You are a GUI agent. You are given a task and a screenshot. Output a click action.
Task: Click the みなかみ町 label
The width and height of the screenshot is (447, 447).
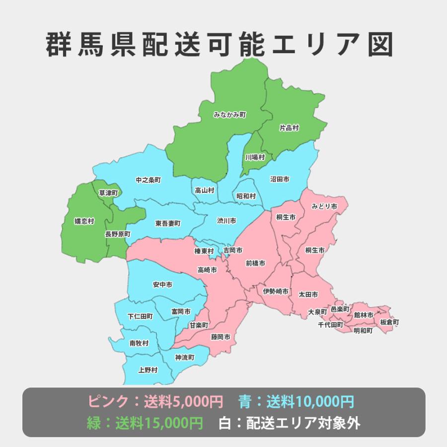[230, 115]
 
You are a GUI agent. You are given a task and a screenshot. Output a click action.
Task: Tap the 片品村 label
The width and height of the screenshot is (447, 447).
[289, 128]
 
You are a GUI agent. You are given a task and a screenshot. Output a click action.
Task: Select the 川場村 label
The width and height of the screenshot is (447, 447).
[255, 157]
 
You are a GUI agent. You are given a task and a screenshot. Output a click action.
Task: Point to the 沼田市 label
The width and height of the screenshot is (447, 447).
[280, 179]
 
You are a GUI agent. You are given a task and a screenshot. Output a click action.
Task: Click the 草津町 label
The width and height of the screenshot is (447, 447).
[108, 192]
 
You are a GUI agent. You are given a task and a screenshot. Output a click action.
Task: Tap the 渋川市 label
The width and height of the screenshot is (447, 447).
[226, 220]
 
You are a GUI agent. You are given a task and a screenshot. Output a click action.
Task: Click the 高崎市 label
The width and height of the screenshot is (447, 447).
[207, 270]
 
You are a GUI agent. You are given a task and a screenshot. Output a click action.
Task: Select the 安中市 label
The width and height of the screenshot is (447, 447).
[162, 285]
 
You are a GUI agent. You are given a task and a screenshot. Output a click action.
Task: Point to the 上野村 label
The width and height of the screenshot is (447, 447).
[148, 370]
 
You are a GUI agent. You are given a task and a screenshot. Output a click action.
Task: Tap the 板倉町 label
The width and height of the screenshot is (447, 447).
[389, 322]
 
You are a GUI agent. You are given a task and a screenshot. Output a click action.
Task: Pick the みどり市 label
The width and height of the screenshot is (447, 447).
[324, 206]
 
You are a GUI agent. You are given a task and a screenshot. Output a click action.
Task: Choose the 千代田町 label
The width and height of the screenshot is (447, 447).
[330, 325]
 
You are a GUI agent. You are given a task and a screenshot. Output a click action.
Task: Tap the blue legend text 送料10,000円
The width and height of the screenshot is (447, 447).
[310, 401]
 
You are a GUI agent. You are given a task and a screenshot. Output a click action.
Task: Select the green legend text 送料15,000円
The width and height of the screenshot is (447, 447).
[159, 423]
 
